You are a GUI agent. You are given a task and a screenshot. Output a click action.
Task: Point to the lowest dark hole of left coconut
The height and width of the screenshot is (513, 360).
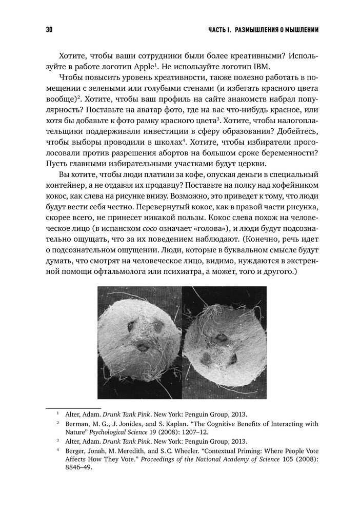142,347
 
